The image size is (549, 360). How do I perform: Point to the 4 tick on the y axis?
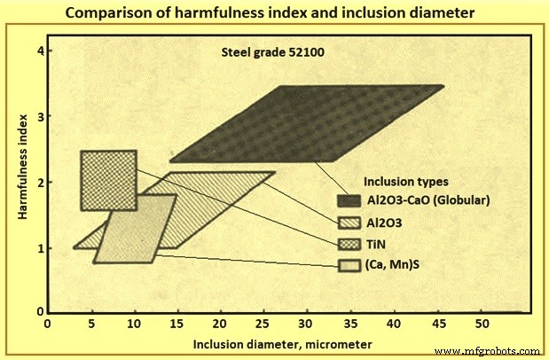click(40, 51)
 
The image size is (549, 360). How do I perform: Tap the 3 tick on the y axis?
click(40, 117)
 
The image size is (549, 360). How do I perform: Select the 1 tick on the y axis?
click(40, 248)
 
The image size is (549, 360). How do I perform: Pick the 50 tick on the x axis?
click(481, 325)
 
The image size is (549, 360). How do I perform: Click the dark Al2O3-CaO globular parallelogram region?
click(306, 124)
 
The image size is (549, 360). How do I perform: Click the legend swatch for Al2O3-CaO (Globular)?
click(349, 199)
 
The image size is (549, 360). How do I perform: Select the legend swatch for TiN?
click(349, 243)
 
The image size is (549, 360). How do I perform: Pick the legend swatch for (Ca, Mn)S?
click(349, 265)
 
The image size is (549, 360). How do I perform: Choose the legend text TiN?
click(376, 243)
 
